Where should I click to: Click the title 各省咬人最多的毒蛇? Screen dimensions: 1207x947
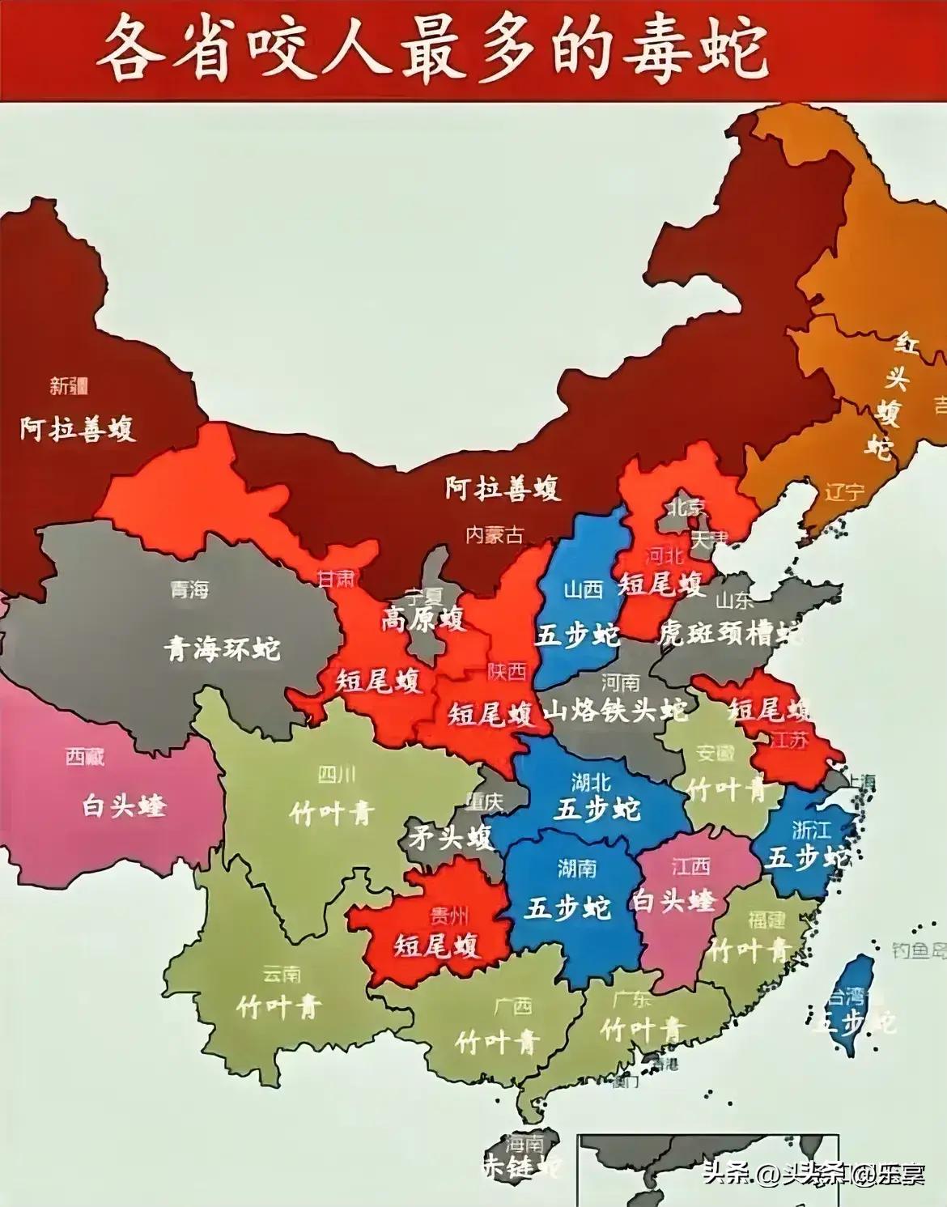coord(431,51)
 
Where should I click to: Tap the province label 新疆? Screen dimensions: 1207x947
coord(69,386)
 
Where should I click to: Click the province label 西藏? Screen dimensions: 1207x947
coord(85,757)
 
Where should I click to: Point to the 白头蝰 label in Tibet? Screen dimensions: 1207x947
coord(123,805)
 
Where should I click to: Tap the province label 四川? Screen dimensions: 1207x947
coord(336,776)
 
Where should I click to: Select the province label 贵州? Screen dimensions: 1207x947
coord(448,916)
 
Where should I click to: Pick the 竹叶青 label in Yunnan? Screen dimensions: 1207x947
coord(278,1006)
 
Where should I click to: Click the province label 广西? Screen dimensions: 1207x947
coord(512,1006)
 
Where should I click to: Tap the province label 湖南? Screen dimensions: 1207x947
coord(576,868)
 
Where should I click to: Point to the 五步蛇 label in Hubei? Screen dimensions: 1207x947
coord(597,809)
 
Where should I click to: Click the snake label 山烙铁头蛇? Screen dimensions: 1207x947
coord(614,710)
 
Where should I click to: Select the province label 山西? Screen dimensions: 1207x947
coord(583,589)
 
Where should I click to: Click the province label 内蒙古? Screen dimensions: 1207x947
coord(495,534)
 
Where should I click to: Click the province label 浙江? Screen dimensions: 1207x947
coord(810,829)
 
